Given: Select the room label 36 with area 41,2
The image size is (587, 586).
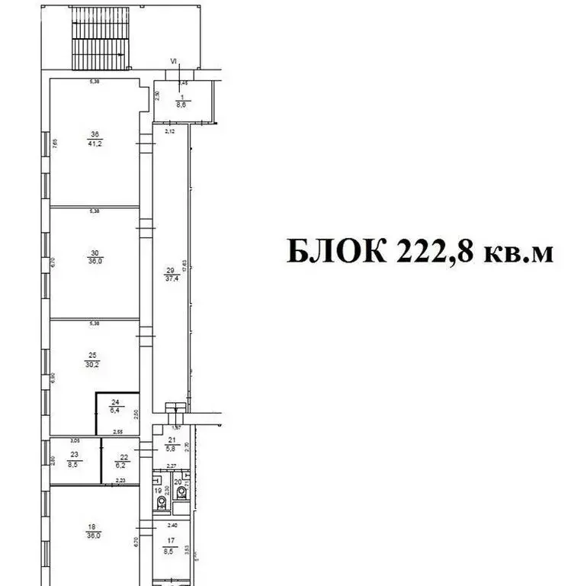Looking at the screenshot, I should tap(94, 140).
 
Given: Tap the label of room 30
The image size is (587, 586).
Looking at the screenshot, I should tap(94, 256).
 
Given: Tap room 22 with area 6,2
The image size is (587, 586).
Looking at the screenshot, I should tap(119, 460).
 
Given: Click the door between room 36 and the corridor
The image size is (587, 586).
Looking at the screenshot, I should tap(143, 144).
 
